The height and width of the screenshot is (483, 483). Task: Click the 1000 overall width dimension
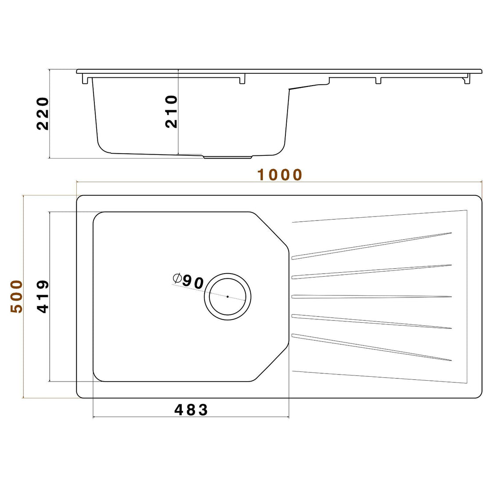(x=280, y=175)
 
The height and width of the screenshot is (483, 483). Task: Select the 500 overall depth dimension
(x=16, y=296)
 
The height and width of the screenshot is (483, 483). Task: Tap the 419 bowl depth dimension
(x=43, y=297)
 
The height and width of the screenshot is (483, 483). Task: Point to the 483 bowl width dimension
(x=191, y=410)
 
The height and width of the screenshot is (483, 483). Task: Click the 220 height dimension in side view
(x=43, y=114)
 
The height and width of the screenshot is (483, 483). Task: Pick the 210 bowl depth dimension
(x=171, y=112)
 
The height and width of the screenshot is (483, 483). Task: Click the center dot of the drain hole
(x=227, y=296)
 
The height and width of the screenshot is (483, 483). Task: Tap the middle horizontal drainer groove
(x=371, y=297)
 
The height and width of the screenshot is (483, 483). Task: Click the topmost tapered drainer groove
(x=371, y=245)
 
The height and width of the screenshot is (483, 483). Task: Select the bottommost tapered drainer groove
(x=371, y=348)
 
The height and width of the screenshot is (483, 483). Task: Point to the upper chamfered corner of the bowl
(x=272, y=229)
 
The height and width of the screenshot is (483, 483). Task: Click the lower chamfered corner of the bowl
(x=272, y=364)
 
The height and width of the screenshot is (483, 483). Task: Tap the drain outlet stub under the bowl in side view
(x=227, y=156)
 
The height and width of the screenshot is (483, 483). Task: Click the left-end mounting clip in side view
(x=85, y=79)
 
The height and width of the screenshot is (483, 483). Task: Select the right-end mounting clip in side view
(x=466, y=79)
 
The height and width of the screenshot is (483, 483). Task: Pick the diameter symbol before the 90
(x=177, y=278)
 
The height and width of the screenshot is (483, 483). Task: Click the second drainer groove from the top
(x=371, y=271)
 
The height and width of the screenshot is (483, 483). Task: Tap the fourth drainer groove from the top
(x=371, y=321)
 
